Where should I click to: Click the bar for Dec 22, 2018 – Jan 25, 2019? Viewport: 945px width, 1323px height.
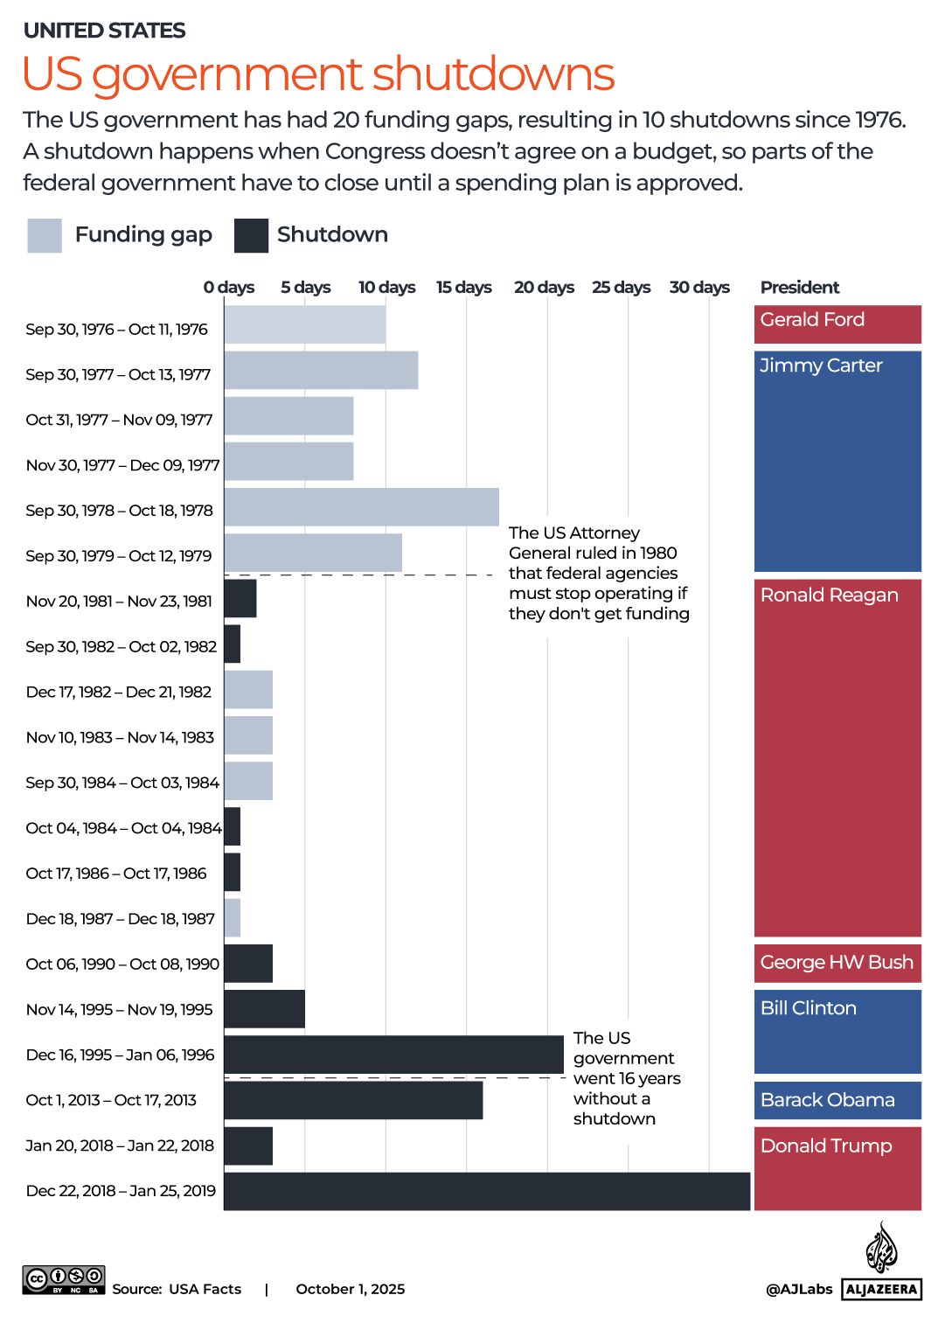click(x=487, y=1191)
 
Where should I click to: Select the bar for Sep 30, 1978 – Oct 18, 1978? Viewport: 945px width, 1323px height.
click(x=361, y=507)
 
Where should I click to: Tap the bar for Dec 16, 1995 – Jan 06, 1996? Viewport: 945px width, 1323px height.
click(x=393, y=1055)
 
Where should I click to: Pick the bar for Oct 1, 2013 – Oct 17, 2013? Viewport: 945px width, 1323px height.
click(x=353, y=1100)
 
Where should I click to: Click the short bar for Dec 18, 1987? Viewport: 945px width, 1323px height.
click(x=233, y=918)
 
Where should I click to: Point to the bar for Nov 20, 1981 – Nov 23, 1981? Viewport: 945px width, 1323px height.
click(x=240, y=598)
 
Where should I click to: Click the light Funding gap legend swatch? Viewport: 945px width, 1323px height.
click(x=45, y=235)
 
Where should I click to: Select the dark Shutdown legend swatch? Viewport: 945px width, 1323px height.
click(x=251, y=235)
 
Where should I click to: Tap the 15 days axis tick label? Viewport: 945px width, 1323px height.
click(x=463, y=287)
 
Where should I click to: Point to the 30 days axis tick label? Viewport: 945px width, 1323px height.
click(x=699, y=287)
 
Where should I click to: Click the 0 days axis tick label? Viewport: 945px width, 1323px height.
click(x=229, y=287)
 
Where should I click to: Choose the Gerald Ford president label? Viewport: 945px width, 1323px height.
click(x=812, y=320)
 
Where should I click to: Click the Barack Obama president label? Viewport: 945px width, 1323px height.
click(x=827, y=1100)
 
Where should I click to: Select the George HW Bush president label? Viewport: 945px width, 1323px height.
click(x=837, y=962)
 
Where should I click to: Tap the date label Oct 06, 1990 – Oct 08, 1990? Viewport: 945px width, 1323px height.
click(x=122, y=964)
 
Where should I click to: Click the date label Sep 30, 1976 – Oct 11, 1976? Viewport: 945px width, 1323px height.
click(x=116, y=329)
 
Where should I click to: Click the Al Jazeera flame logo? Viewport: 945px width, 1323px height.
click(x=881, y=1248)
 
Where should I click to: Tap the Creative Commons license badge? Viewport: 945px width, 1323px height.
click(x=64, y=1280)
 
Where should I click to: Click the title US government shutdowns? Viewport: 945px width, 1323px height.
click(x=318, y=73)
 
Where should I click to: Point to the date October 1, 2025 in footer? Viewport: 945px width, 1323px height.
click(x=351, y=1289)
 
